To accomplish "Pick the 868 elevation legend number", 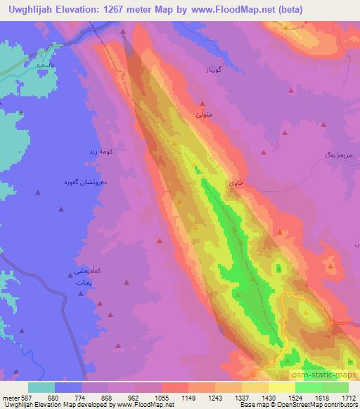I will pos(107,398).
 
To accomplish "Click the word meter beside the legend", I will pos(9,398).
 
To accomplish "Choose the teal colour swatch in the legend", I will pos(41,387).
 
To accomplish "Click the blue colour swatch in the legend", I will pos(68,387).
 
